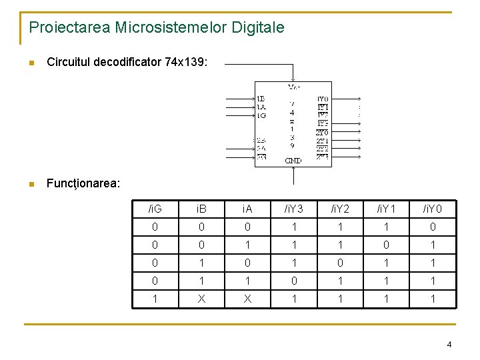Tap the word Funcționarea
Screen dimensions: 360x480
coord(83,183)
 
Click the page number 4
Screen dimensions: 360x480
coord(449,345)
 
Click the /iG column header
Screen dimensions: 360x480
coord(155,209)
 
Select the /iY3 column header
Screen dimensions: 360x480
coord(293,209)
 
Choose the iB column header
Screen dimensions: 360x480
coord(201,209)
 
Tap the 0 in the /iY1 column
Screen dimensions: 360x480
coord(386,245)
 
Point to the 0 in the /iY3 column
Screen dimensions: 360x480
coord(293,281)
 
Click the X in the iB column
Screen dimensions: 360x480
coord(201,299)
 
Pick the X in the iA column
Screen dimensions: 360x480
coord(247,299)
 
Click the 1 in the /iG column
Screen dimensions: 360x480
coord(155,299)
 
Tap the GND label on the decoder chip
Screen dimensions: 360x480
coord(293,161)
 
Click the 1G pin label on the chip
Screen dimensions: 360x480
coord(261,115)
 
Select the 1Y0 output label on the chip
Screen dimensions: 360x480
coord(323,99)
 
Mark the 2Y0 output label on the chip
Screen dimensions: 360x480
coord(322,132)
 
